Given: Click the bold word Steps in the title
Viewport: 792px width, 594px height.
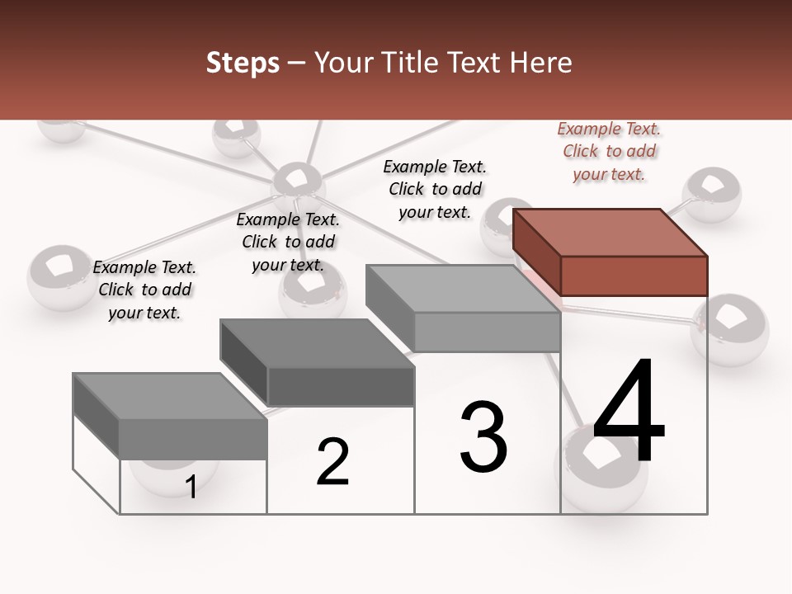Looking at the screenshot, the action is [x=243, y=64].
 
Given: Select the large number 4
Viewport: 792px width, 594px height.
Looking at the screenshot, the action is [x=629, y=412].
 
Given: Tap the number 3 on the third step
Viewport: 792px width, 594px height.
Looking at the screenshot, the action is [x=483, y=437].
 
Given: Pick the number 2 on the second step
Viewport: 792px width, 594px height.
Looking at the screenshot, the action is [x=333, y=462].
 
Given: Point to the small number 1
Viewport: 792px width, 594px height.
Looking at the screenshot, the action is [x=191, y=487].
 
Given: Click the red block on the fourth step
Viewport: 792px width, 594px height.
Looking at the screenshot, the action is [x=610, y=252].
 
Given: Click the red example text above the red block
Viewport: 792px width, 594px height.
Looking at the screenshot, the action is [x=609, y=151].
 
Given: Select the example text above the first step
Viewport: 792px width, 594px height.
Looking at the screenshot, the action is [x=144, y=290].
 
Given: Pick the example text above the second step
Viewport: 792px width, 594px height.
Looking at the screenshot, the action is [x=288, y=242].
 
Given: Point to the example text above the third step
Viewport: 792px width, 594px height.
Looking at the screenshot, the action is [x=435, y=189].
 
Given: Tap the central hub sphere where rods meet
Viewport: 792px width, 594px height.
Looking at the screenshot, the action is [x=297, y=183].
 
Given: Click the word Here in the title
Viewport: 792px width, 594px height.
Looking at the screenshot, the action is [x=541, y=63].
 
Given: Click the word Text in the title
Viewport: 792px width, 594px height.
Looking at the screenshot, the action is [x=479, y=63].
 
